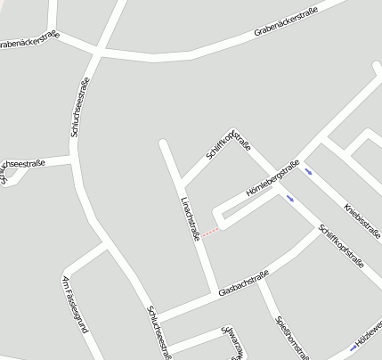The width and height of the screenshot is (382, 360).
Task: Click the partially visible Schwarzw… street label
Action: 233,343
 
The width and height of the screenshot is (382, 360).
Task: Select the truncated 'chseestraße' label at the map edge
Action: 24,164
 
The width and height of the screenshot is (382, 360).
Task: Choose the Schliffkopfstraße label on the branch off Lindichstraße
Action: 228,140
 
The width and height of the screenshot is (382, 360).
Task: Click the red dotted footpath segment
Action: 210,233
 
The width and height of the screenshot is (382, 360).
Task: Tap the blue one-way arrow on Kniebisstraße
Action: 308,171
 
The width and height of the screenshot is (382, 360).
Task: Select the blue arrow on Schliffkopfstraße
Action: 290,199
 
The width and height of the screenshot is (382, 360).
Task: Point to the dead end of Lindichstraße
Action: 163,143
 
